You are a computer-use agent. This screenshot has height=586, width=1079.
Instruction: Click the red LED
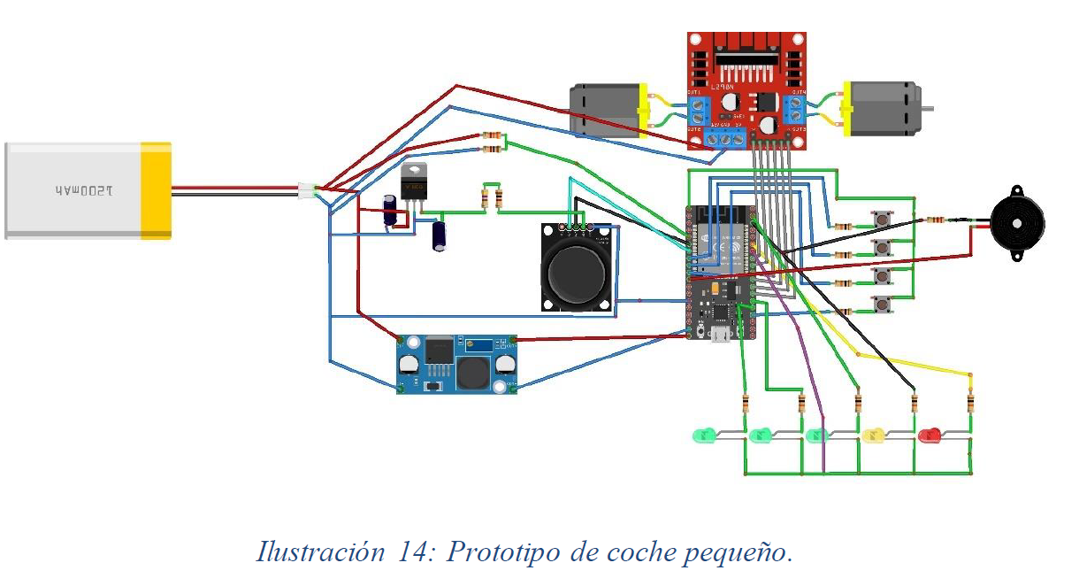pyautogui.click(x=929, y=435)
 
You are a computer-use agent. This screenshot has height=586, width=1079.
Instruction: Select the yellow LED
pyautogui.click(x=874, y=435)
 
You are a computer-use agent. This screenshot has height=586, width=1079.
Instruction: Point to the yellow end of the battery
pyautogui.click(x=157, y=191)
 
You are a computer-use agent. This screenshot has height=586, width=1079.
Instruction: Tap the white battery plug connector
pyautogui.click(x=307, y=189)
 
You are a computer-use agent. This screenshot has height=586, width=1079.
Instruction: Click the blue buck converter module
pyautogui.click(x=456, y=363)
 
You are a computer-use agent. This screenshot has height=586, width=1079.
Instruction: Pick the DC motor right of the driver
pyautogui.click(x=884, y=108)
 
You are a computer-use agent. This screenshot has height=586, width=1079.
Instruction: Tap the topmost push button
pyautogui.click(x=881, y=219)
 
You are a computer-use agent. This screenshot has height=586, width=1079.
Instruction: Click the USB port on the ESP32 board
pyautogui.click(x=722, y=334)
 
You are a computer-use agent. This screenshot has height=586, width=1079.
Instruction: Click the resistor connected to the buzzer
pyautogui.click(x=936, y=220)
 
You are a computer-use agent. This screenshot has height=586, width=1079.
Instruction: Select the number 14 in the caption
pyautogui.click(x=410, y=552)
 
